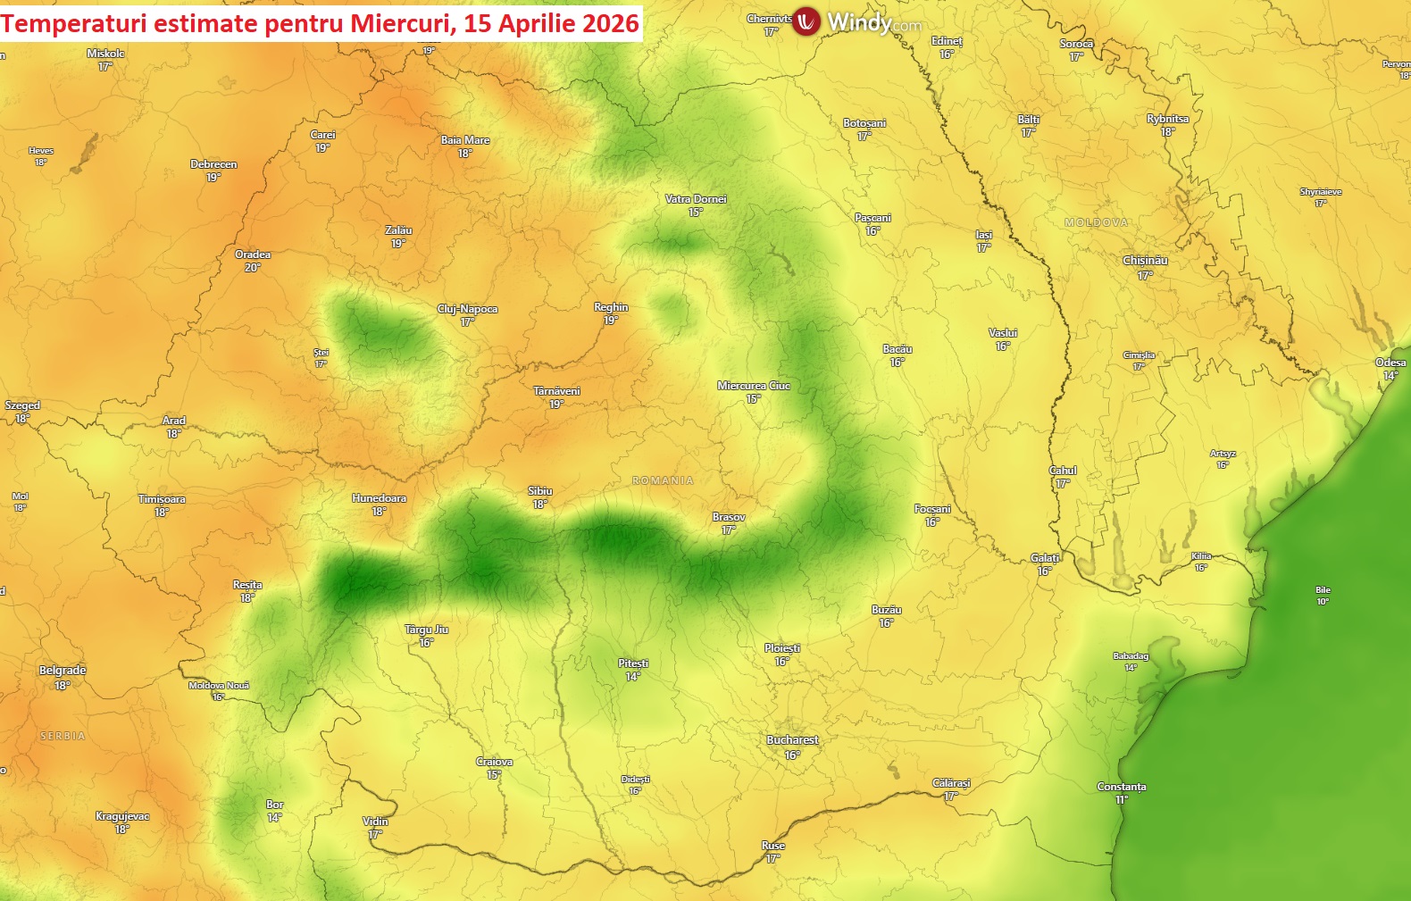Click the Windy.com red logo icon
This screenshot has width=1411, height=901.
[x=806, y=21]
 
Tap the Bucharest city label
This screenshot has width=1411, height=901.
[x=792, y=740]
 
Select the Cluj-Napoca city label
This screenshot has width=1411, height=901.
[x=467, y=309]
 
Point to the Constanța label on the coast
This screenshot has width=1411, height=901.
[x=1121, y=787]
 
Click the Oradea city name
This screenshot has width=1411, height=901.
[x=253, y=254]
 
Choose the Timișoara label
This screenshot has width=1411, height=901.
[x=162, y=499]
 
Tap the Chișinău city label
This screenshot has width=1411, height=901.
[x=1145, y=261]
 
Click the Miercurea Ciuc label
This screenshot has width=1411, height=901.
[x=754, y=386]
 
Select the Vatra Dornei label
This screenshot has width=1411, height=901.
[x=696, y=199]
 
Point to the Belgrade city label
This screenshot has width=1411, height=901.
[x=63, y=671]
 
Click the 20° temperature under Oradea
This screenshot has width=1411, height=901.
[x=253, y=268]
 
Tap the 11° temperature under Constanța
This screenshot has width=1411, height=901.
[x=1121, y=800]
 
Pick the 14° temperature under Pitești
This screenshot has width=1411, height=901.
[x=632, y=677]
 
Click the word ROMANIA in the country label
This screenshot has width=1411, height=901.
[x=663, y=480]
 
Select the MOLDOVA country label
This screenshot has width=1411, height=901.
[x=1096, y=222]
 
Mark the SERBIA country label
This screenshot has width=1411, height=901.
[x=63, y=737]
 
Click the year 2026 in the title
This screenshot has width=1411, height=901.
[x=611, y=23]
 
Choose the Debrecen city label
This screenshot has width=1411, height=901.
[x=213, y=164]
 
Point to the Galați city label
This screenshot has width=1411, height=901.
[x=1045, y=558]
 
